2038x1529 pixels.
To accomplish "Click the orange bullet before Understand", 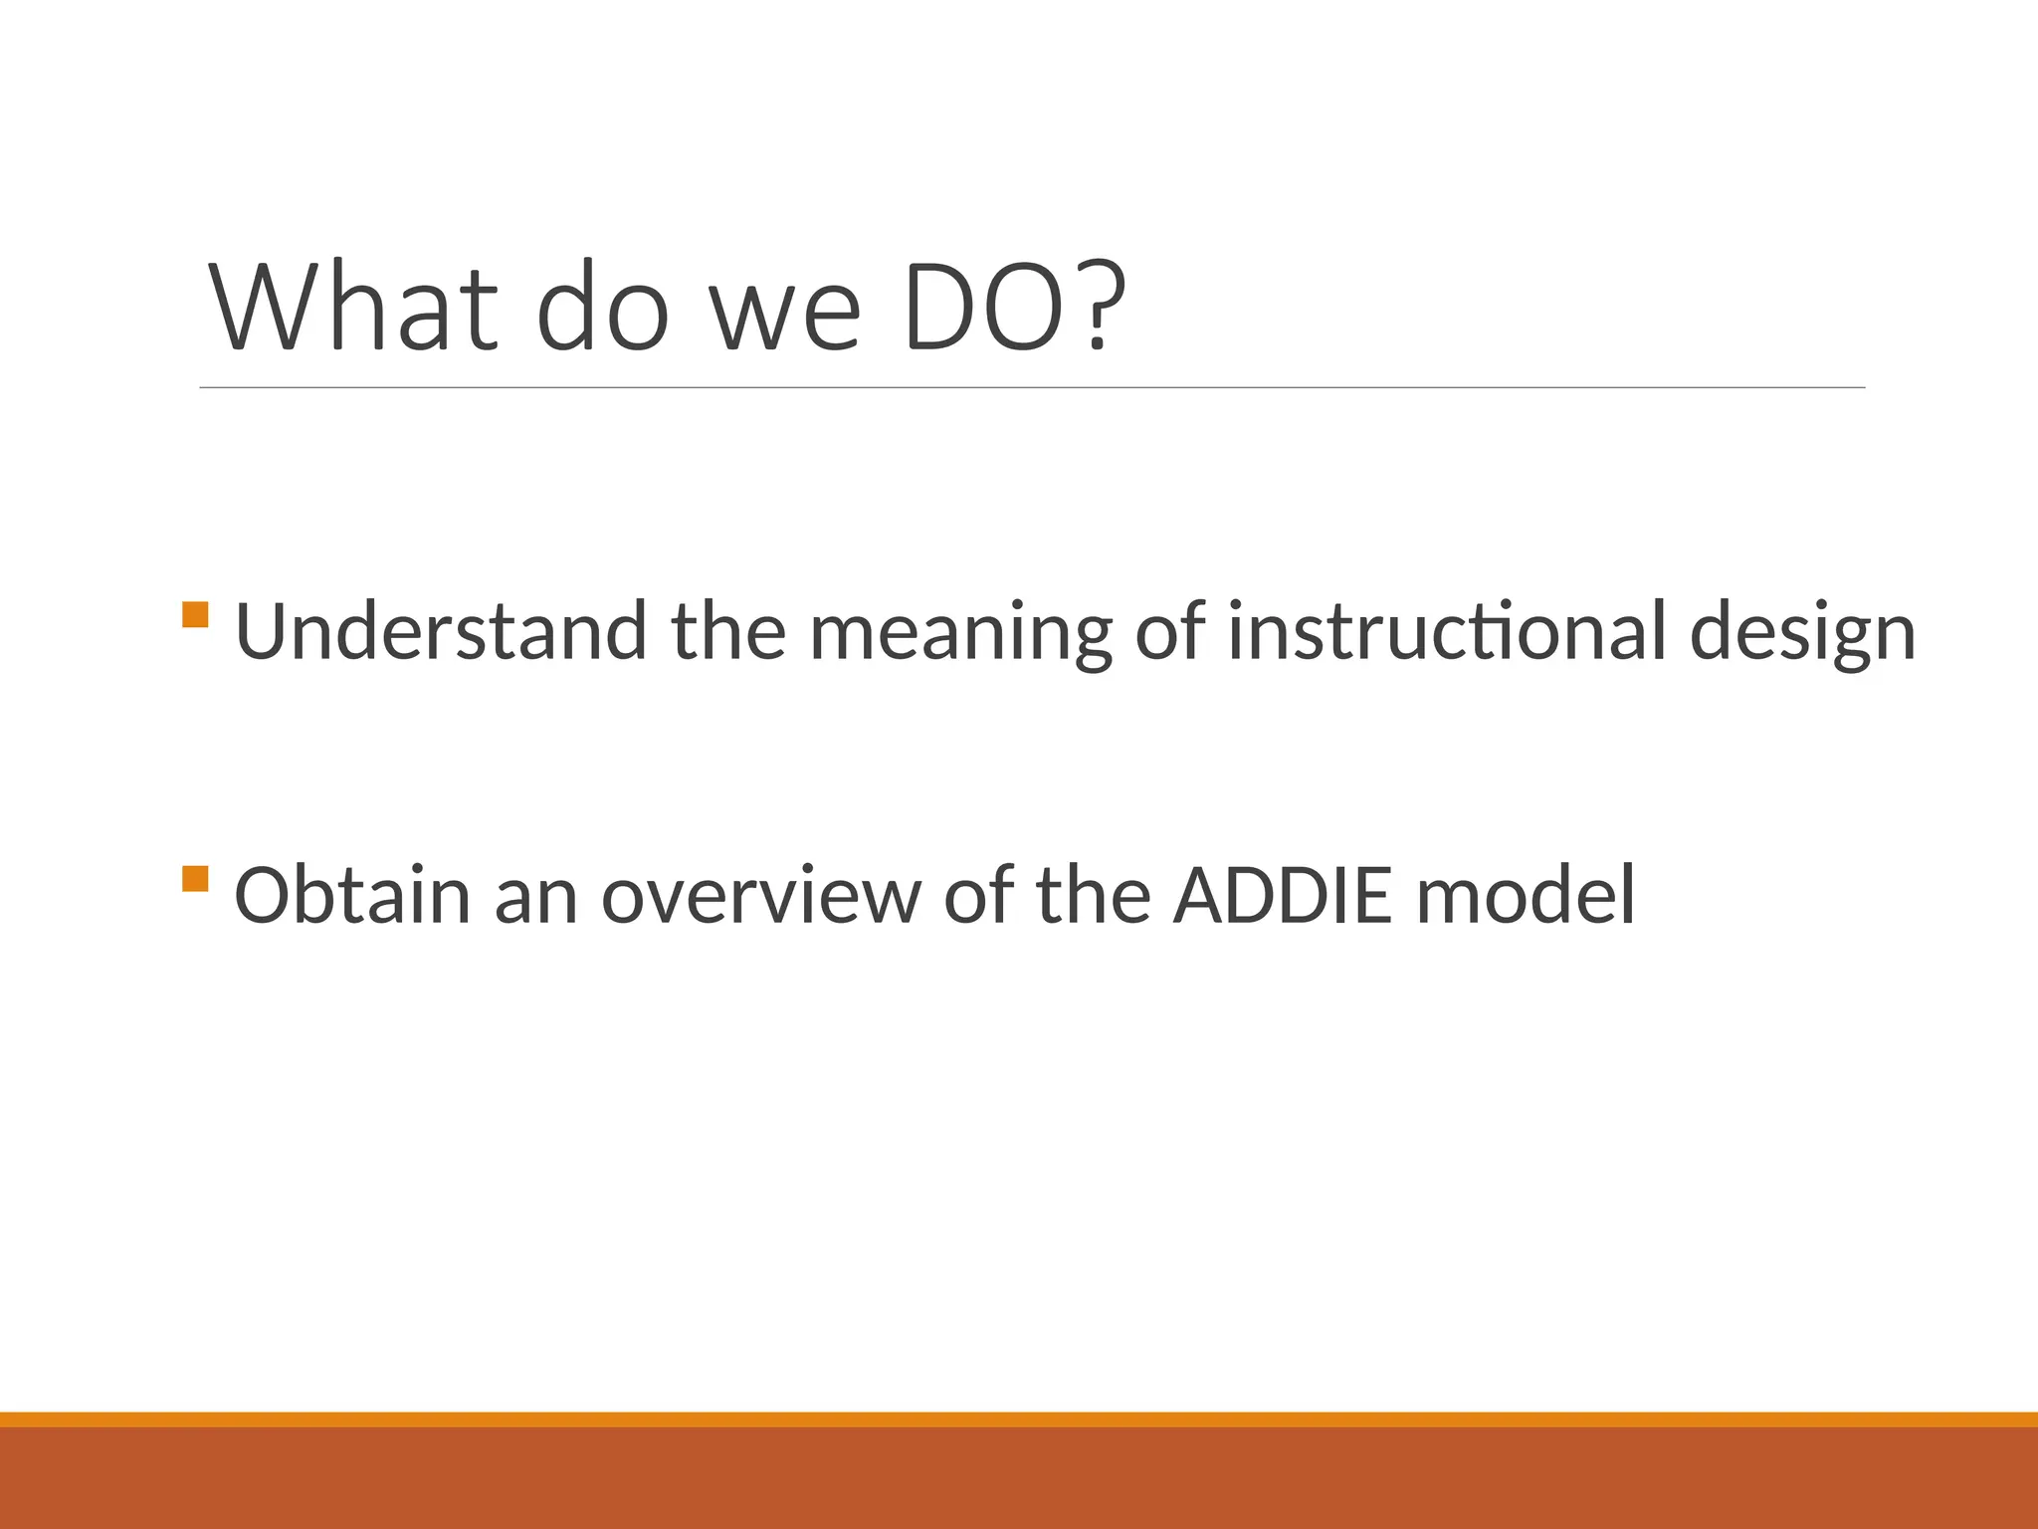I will pyautogui.click(x=196, y=614).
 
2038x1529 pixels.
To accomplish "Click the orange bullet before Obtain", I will pyautogui.click(x=196, y=879).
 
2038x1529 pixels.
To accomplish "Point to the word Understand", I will pyautogui.click(x=440, y=632).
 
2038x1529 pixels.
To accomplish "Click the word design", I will pyautogui.click(x=1802, y=637).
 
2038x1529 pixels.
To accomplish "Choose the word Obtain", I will pyautogui.click(x=351, y=895).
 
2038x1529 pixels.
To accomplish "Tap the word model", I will pyautogui.click(x=1525, y=895).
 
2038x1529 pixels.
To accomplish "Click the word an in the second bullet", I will pyautogui.click(x=535, y=900).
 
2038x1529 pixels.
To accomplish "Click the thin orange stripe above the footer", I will pyautogui.click(x=1019, y=1420).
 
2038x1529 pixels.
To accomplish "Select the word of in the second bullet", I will pyautogui.click(x=978, y=895).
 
